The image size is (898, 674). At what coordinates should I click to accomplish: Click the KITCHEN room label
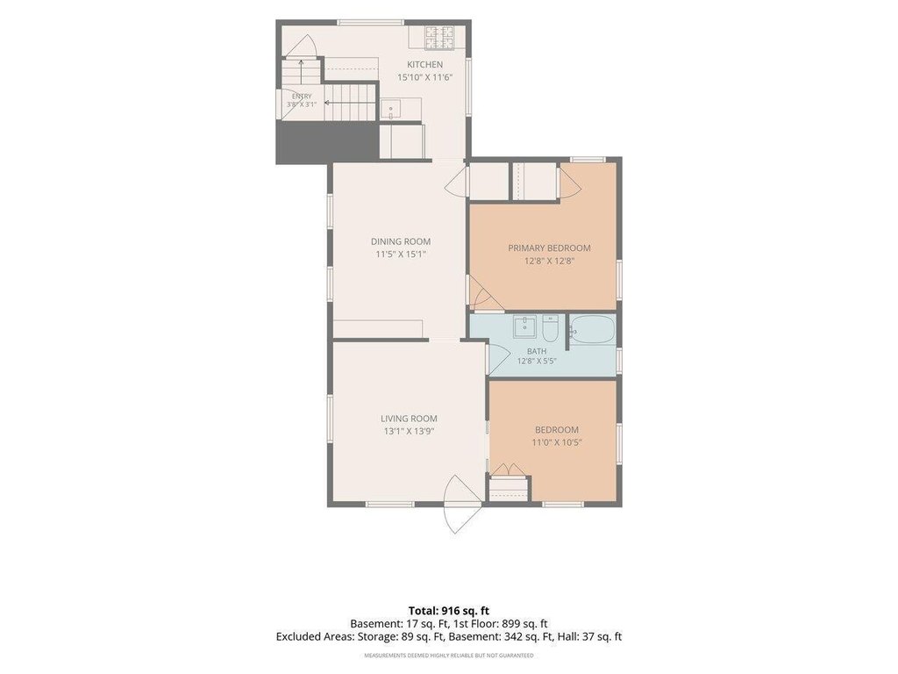coord(425,65)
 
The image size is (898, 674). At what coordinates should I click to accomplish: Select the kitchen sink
coord(391,108)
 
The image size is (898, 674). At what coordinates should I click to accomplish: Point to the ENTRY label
coord(302,97)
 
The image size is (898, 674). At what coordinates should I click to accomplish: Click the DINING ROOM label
coord(400,242)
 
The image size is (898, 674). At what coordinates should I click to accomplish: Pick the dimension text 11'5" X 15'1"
coord(400,255)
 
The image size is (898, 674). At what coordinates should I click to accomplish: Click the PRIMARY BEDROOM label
coord(549,248)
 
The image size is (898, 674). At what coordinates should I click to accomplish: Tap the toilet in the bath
coord(551,327)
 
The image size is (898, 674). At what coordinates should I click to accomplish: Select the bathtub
coord(593,330)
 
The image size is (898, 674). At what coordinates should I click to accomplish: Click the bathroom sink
coord(524,327)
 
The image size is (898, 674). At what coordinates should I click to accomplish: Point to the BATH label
coord(537,351)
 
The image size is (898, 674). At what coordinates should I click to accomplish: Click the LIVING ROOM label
coord(409,419)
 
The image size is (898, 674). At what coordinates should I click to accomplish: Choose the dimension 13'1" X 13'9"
coord(409,432)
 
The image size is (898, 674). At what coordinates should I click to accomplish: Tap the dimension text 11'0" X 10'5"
coord(557,442)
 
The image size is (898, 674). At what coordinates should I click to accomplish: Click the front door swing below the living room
coord(463,505)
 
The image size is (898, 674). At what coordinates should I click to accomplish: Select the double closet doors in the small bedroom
coord(508,469)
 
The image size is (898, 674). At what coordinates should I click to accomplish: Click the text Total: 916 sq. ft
coord(448,611)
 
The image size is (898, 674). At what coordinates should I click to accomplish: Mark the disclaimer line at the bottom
coord(449,655)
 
